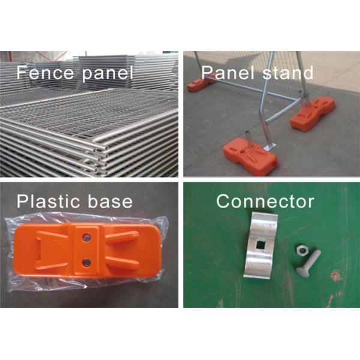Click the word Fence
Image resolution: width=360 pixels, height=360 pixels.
(45, 72)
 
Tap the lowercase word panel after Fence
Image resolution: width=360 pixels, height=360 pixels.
(107, 74)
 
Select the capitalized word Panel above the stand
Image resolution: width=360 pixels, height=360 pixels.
(228, 73)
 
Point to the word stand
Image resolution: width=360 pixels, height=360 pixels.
(288, 73)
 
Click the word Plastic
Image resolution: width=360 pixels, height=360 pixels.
(47, 201)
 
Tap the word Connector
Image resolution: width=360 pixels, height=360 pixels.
(265, 201)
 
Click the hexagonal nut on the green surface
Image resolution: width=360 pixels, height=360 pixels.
(301, 250)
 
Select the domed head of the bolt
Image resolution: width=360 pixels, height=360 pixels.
(304, 272)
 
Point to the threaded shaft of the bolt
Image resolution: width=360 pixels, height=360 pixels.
(313, 259)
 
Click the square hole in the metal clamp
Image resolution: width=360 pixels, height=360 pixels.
(260, 245)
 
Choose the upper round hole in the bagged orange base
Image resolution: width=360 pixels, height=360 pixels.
(86, 237)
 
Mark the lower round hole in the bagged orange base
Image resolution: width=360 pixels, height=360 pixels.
(86, 262)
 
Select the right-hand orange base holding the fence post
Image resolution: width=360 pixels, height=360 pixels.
(313, 113)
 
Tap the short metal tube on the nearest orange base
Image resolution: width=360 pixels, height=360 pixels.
(248, 139)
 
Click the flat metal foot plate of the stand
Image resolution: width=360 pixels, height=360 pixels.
(271, 147)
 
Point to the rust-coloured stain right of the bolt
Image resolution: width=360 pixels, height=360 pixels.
(335, 275)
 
